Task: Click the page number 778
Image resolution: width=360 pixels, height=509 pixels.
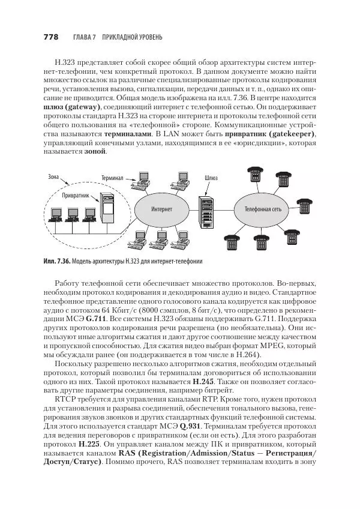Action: (x=50, y=37)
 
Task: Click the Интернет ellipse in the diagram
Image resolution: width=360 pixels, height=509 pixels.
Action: (x=161, y=209)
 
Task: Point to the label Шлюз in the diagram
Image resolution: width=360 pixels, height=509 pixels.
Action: (x=211, y=178)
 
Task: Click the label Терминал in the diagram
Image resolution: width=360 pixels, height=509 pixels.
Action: (x=112, y=178)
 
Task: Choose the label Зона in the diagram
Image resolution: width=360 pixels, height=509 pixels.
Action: (x=53, y=177)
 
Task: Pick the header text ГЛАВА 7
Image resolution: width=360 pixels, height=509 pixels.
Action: (x=85, y=37)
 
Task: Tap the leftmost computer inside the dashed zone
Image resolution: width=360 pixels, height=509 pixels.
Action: (x=54, y=215)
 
